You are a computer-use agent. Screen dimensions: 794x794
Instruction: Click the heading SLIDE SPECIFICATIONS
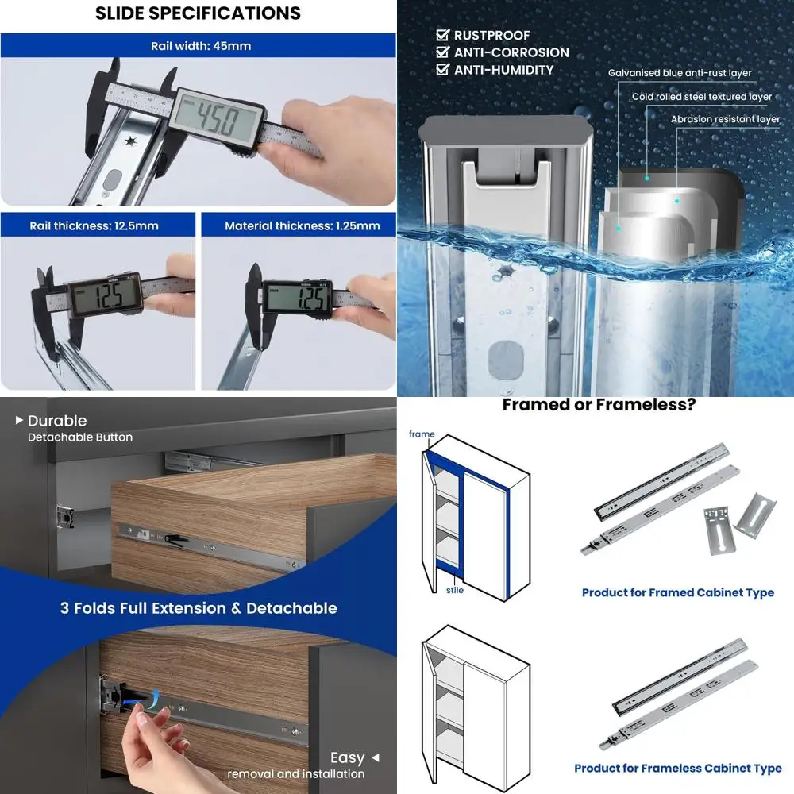(198, 13)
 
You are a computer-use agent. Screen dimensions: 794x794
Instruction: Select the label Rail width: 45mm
(201, 46)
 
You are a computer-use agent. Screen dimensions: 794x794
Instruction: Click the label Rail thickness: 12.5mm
(94, 225)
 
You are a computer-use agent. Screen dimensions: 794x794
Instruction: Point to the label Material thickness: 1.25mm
(303, 225)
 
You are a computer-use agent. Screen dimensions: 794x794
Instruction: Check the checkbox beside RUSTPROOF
(442, 35)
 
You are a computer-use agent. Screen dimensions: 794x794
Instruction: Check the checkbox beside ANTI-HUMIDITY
(442, 69)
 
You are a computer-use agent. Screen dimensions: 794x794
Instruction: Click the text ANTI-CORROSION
(511, 52)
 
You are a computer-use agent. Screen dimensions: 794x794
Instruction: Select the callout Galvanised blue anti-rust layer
(680, 73)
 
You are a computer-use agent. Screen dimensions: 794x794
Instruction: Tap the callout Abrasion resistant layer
(725, 119)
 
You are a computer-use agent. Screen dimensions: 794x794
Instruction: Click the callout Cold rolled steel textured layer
(702, 96)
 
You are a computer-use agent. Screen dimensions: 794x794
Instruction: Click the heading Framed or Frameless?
(599, 405)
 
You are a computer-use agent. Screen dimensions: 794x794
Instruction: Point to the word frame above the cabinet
(422, 434)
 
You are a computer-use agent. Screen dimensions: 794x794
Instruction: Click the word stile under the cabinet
(455, 590)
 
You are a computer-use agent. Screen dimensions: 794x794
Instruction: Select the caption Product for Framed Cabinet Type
(678, 592)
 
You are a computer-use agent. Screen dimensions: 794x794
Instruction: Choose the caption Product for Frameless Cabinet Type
(678, 768)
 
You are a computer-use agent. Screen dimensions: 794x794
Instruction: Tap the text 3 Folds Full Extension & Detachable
(198, 607)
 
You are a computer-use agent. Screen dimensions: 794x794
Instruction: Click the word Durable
(57, 421)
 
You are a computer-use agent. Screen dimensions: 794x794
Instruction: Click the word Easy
(348, 757)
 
